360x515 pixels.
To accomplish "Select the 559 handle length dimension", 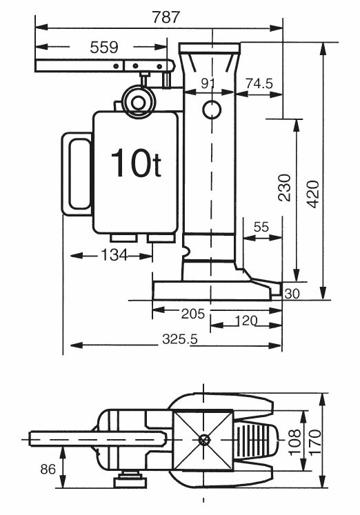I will coord(103,48).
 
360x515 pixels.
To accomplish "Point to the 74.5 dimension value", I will coord(259,83).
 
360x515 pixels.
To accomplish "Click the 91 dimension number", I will coord(208,83).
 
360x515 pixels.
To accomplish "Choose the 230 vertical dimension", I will coord(284,188).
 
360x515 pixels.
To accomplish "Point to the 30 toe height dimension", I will coord(292,294).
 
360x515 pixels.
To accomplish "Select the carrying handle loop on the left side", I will coord(77,172).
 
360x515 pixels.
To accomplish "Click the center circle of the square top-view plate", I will coord(203,439).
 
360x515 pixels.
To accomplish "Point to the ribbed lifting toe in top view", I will coord(257,439).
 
